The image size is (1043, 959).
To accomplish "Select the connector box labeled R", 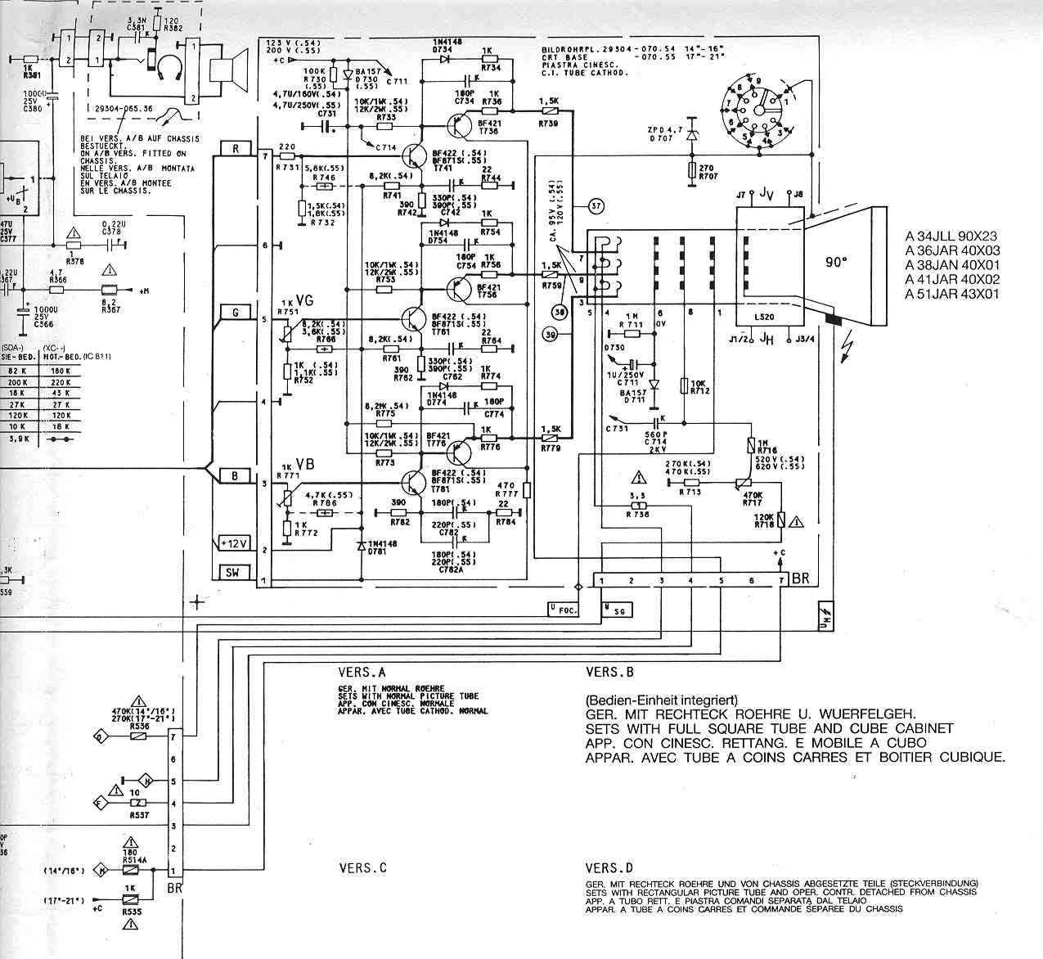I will (x=236, y=149).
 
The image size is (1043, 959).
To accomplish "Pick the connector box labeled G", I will (x=236, y=313).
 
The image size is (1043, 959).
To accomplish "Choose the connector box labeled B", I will (x=236, y=476).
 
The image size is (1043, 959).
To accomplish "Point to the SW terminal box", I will (x=236, y=574).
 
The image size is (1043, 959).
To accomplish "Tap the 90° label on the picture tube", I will (x=837, y=263).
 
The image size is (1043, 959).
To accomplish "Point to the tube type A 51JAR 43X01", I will (x=953, y=295).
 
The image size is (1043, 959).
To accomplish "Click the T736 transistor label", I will (x=488, y=131).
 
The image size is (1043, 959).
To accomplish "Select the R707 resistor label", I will (x=708, y=176).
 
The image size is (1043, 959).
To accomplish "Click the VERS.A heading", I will (x=362, y=673).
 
